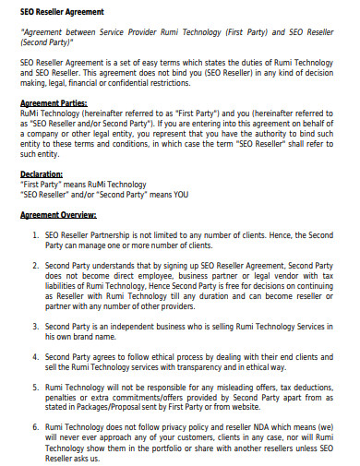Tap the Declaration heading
click(x=42, y=173)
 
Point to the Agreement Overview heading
click(x=59, y=215)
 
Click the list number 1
click(x=34, y=234)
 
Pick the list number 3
click(x=34, y=327)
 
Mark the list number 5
click(x=34, y=387)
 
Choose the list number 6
click(x=34, y=427)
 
